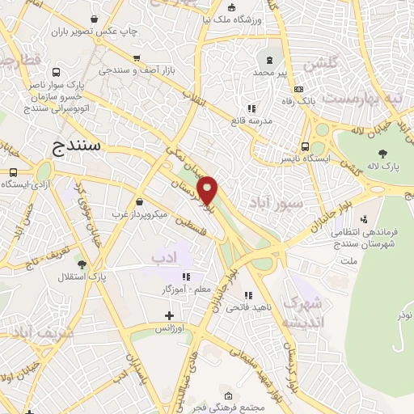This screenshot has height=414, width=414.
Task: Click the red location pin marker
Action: pos(208,190)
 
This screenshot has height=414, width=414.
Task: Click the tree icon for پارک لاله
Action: pos(382,154)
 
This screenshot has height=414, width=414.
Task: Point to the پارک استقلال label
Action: pos(81,277)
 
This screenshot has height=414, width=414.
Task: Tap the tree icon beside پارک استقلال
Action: pos(81,264)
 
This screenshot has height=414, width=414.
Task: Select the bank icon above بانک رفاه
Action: pos(299,89)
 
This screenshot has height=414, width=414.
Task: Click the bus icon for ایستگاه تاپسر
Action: pos(305,146)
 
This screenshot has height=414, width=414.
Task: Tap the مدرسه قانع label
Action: pos(251,120)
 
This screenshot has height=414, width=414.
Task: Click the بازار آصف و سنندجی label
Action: pos(137,70)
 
